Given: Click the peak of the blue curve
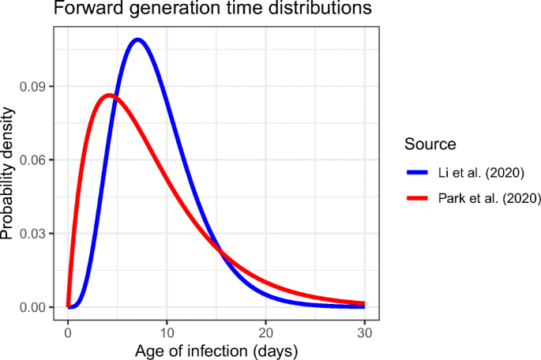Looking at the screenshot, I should point(137,39).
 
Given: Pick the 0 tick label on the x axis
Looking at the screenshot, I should point(68,332).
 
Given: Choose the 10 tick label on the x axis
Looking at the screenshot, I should point(167,332).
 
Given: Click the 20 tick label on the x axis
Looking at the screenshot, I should point(265,332).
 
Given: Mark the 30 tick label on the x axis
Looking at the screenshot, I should point(364,332).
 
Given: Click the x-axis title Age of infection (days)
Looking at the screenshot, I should point(215,350).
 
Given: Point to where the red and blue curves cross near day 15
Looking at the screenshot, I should point(222,253).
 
